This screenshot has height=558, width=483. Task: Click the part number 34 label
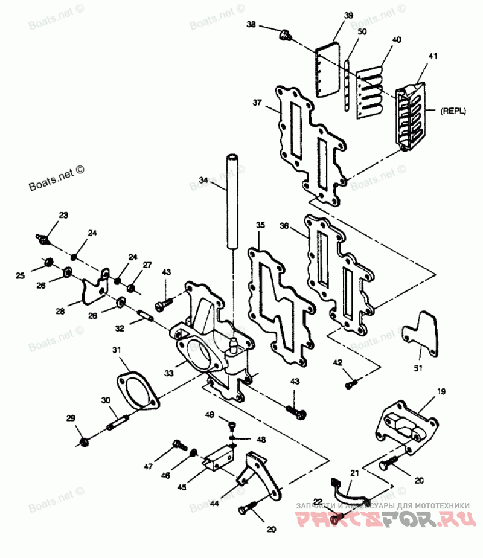[203, 179]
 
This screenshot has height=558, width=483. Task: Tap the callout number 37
[257, 103]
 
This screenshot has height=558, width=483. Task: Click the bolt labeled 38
[285, 36]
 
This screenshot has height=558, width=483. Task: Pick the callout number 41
[432, 56]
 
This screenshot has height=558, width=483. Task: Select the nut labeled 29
[85, 443]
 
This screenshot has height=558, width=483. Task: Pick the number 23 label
[63, 215]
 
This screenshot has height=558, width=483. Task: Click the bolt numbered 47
[178, 445]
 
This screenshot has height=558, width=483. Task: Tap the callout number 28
[60, 311]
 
